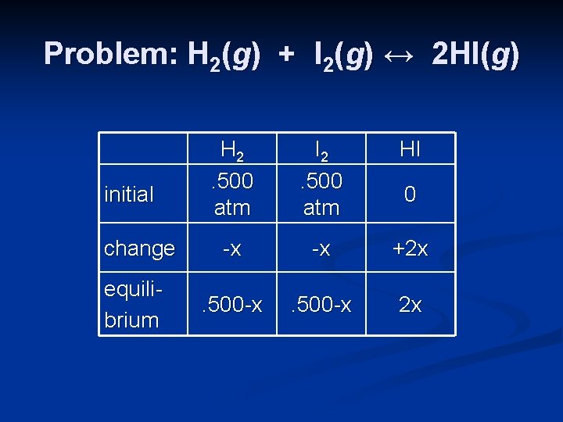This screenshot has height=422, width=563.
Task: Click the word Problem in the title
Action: tap(109, 54)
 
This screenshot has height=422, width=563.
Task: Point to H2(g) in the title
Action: tap(224, 55)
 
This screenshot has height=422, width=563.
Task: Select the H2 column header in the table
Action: tap(231, 150)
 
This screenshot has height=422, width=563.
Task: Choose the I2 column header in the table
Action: tap(321, 150)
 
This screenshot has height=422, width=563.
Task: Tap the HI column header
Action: tap(410, 150)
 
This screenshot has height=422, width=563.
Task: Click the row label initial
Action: tap(129, 194)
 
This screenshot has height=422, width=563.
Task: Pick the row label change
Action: tap(139, 249)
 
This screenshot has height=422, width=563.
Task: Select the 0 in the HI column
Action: tap(410, 194)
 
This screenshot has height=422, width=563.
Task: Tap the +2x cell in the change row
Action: tap(410, 249)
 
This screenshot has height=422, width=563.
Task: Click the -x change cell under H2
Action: tap(231, 249)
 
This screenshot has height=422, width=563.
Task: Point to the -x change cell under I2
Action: tap(321, 249)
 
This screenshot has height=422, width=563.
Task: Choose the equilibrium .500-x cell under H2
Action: tap(231, 305)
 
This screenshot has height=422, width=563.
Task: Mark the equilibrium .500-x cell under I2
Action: tap(321, 305)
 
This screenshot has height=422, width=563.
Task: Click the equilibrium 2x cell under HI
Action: tap(410, 305)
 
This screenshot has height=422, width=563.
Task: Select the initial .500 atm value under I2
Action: tap(321, 194)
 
